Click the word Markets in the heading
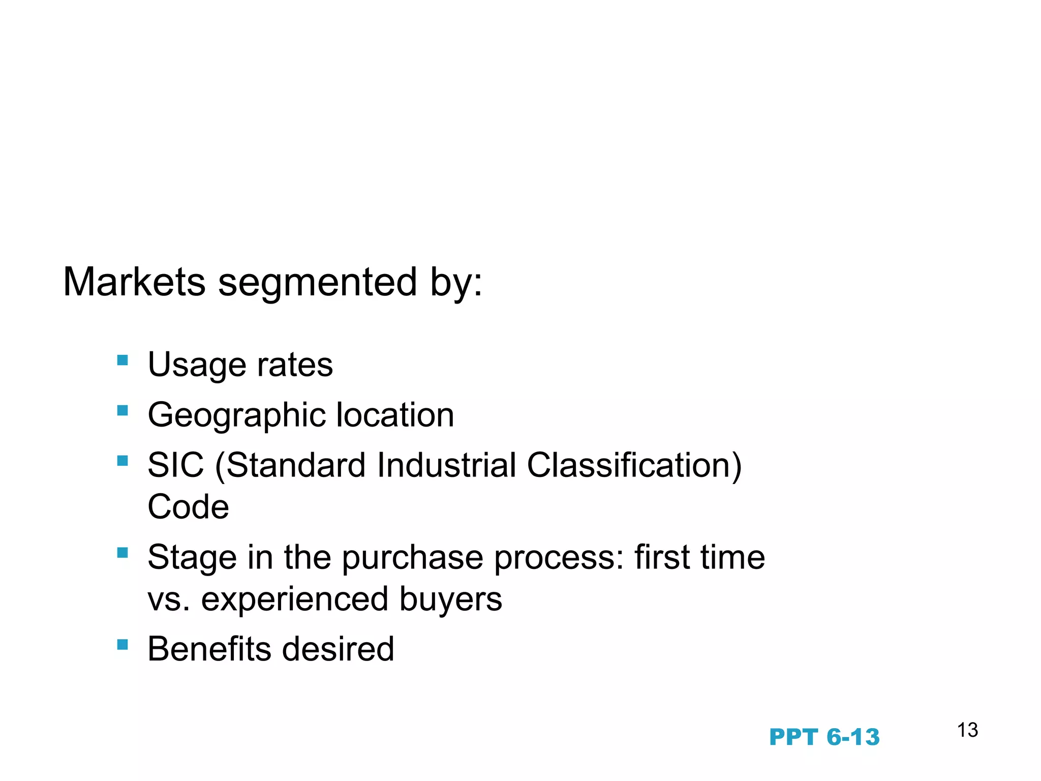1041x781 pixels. [x=134, y=282]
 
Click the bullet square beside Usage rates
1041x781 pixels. [x=123, y=361]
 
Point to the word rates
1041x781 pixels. [x=295, y=365]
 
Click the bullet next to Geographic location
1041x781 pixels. [x=123, y=410]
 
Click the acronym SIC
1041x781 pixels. [x=175, y=465]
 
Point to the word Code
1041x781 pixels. [x=188, y=507]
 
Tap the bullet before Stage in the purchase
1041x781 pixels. [x=123, y=553]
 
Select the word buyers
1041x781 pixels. [x=450, y=599]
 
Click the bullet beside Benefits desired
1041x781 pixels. [x=123, y=645]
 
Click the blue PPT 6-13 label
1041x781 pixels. [x=824, y=737]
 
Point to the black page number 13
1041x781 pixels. [x=967, y=730]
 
